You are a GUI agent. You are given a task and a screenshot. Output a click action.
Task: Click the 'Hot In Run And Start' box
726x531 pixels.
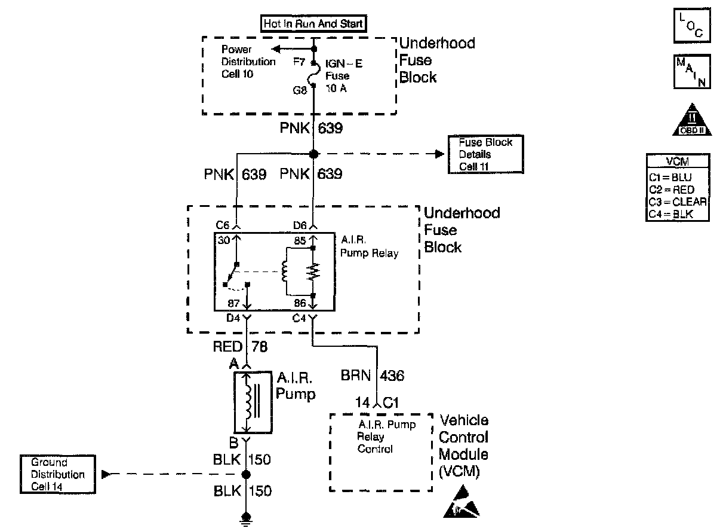[313, 24]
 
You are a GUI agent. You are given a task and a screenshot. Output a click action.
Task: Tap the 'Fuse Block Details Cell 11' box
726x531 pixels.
[485, 155]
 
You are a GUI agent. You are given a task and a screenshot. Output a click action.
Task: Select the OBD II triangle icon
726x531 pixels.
[692, 122]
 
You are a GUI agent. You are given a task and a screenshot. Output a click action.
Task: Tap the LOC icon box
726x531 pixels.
[692, 26]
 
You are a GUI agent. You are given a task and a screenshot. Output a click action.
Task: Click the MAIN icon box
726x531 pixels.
[692, 72]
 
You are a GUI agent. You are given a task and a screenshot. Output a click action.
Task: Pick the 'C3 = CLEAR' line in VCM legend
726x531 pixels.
[677, 202]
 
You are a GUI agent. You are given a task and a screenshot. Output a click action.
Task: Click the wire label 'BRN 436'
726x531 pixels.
[373, 376]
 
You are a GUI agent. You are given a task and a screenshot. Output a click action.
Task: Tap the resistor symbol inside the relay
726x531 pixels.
[313, 273]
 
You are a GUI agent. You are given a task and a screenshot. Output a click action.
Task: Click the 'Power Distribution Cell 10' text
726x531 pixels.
[248, 62]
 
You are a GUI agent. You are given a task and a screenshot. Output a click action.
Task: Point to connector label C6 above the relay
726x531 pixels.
[223, 225]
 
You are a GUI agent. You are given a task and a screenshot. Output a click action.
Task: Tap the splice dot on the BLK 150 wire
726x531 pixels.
[245, 475]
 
